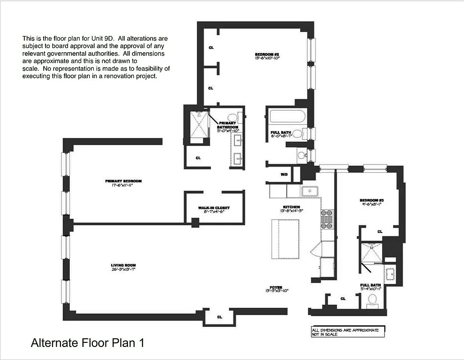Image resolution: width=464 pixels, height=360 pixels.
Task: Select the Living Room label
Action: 123,265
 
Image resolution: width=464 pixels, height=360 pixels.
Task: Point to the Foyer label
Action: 276,287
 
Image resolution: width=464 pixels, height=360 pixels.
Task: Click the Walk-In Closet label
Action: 214,208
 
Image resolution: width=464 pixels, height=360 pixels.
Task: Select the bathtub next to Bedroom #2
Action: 287,118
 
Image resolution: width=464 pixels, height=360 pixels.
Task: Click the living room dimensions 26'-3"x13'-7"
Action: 123,269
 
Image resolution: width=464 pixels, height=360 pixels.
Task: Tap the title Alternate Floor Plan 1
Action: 87,343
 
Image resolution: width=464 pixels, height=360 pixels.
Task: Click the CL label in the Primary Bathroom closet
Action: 198,158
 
